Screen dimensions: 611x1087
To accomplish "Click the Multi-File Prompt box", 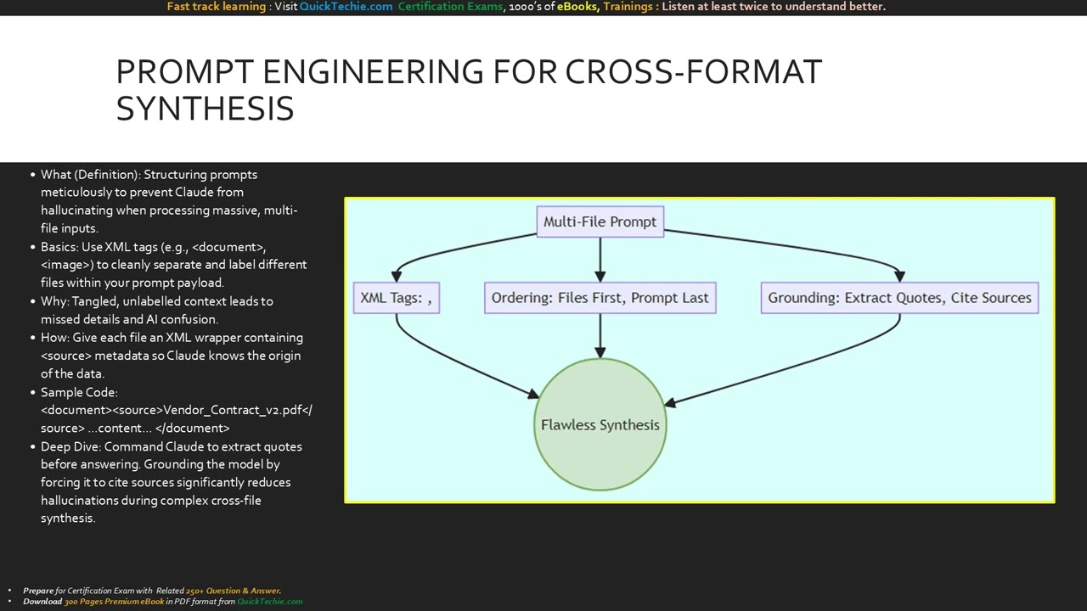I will pyautogui.click(x=600, y=221).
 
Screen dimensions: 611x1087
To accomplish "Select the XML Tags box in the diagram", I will pyautogui.click(x=396, y=298).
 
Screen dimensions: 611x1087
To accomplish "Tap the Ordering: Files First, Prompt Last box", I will pyautogui.click(x=600, y=298).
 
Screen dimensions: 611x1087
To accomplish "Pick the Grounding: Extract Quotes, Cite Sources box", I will pyautogui.click(x=899, y=298).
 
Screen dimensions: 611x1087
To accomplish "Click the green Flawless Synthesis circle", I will pyautogui.click(x=600, y=424).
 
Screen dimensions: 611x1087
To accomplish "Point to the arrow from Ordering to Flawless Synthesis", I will pyautogui.click(x=600, y=335).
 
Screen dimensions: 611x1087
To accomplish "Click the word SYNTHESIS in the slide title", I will pyautogui.click(x=205, y=109).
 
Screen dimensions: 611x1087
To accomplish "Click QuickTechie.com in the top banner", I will pyautogui.click(x=346, y=7).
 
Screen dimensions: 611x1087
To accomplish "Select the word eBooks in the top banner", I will pyautogui.click(x=577, y=7).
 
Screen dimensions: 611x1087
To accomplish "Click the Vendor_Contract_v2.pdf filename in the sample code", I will pyautogui.click(x=233, y=410).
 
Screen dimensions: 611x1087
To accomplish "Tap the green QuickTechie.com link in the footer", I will pyautogui.click(x=269, y=602).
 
